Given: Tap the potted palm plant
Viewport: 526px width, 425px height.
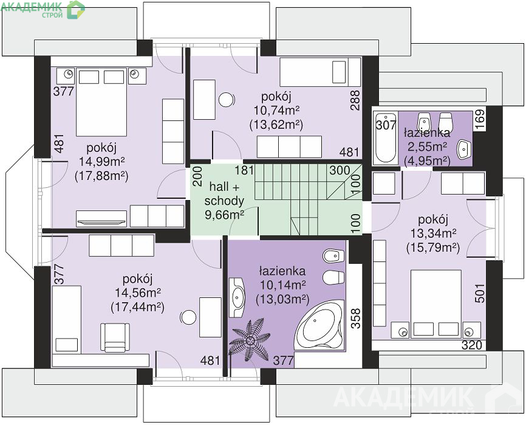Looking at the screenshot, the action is [250, 340].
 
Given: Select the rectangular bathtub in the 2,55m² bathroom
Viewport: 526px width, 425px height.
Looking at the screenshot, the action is [386, 138].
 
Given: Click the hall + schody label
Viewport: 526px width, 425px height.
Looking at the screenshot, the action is [224, 194].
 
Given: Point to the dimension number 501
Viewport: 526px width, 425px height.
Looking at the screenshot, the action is [480, 293].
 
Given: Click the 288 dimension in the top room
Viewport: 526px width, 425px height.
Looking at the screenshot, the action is [355, 100].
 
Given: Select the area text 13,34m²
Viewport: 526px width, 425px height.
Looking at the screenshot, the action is [433, 233].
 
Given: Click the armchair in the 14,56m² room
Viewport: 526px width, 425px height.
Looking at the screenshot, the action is [115, 337].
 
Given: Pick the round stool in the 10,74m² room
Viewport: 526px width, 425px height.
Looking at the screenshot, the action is [227, 100].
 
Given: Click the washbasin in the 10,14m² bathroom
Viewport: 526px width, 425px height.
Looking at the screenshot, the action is [238, 297].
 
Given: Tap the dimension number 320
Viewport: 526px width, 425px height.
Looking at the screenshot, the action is [472, 345].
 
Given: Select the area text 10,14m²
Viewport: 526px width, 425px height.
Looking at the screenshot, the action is [283, 285].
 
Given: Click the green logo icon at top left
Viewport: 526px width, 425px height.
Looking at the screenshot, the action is [76, 9].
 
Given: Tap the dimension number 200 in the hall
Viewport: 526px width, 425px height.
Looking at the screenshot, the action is [198, 176].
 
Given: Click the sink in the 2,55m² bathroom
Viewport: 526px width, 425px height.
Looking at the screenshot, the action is [464, 150].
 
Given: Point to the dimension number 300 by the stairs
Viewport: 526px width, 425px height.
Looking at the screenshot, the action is [340, 170].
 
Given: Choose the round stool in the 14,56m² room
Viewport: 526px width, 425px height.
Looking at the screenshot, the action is [188, 317].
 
